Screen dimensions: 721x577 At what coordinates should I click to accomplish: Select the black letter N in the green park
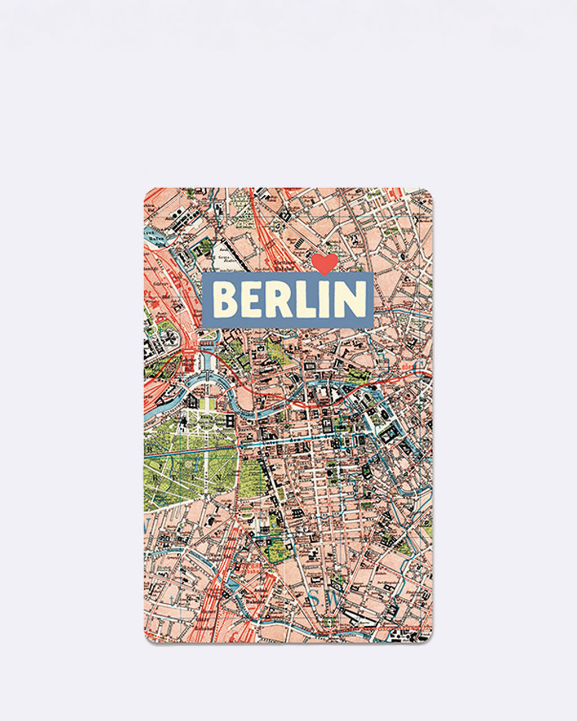(214, 477)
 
